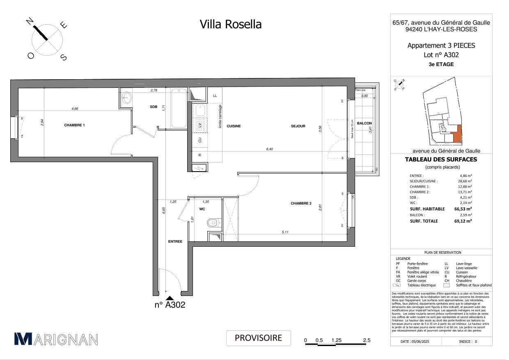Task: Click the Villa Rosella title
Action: click(x=230, y=24)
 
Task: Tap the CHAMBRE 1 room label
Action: click(x=74, y=125)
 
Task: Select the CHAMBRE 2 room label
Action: click(x=301, y=204)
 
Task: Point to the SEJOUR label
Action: click(x=298, y=126)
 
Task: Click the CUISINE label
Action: click(x=234, y=126)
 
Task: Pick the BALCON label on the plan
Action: click(x=364, y=123)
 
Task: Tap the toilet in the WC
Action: click(x=211, y=223)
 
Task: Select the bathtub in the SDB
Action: click(x=179, y=108)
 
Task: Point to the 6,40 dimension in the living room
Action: click(x=269, y=149)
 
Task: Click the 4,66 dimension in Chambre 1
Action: click(x=75, y=109)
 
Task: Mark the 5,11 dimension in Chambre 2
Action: click(x=285, y=232)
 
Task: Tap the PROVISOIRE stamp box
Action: click(x=258, y=338)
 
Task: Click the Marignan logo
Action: click(x=56, y=339)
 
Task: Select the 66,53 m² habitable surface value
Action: click(x=463, y=209)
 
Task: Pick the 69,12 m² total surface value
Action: click(x=463, y=221)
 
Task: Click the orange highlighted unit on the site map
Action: click(x=456, y=135)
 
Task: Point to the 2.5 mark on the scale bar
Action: click(x=366, y=340)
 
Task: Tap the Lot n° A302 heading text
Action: click(x=441, y=55)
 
